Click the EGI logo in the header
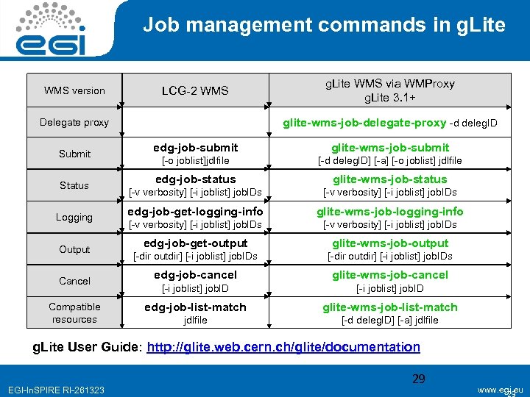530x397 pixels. (x=50, y=31)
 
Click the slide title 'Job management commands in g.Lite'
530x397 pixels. (x=324, y=26)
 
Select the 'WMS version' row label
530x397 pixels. (x=74, y=91)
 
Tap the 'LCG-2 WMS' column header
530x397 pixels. (x=195, y=91)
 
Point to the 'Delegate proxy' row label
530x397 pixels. (x=74, y=123)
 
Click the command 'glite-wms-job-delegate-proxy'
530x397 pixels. (x=364, y=123)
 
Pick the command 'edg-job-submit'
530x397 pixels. (x=195, y=148)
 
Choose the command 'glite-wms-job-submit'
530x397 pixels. (x=389, y=148)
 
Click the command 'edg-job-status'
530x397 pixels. (x=195, y=179)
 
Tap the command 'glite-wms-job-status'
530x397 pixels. (x=389, y=179)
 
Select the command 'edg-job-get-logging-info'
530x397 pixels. (x=195, y=212)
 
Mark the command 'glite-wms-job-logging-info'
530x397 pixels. (x=389, y=212)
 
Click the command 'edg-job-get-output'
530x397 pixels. (x=195, y=243)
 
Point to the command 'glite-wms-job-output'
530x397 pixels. (x=389, y=243)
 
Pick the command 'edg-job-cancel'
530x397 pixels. (x=195, y=275)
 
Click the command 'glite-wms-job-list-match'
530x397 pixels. (x=389, y=307)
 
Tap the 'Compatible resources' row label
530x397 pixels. (x=74, y=313)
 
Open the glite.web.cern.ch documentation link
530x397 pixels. (x=283, y=347)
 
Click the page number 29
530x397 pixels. (x=419, y=379)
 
